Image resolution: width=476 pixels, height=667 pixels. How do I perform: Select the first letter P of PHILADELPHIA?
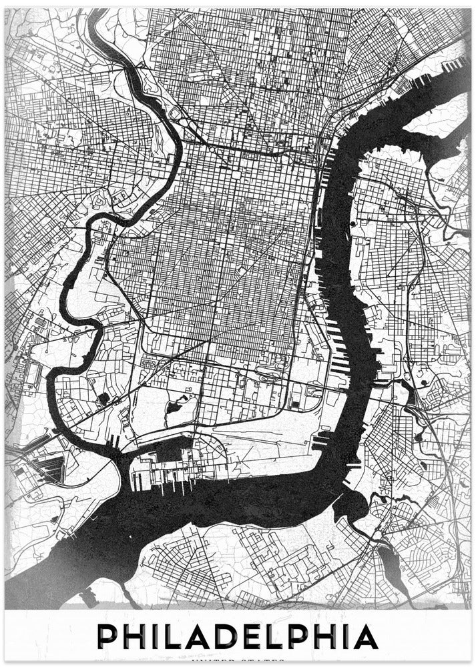(x=109, y=637)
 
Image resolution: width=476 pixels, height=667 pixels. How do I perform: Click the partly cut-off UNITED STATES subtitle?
(x=238, y=662)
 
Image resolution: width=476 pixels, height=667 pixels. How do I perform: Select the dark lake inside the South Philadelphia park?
(x=175, y=405)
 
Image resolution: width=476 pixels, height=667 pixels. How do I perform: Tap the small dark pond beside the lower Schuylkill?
(x=103, y=398)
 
